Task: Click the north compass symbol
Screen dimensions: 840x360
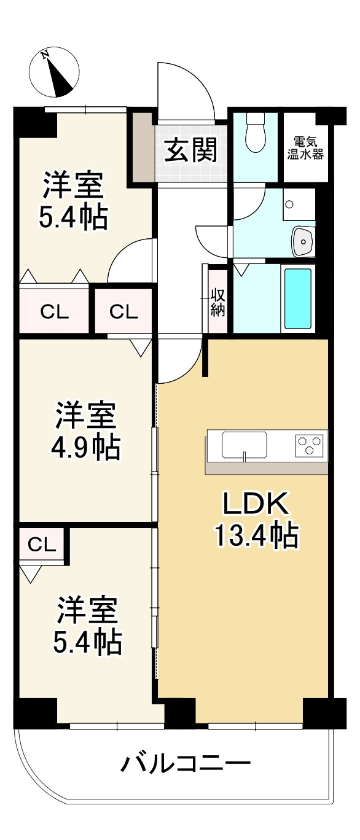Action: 55,72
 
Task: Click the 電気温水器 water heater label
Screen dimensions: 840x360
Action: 305,147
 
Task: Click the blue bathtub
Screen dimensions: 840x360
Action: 297,298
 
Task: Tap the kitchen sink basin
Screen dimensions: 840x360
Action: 244,443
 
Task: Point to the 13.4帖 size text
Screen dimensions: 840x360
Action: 256,537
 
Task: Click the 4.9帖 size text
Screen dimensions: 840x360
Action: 85,448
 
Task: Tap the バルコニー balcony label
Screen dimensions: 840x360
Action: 186,764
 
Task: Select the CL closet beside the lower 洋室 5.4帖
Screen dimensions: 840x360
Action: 42,543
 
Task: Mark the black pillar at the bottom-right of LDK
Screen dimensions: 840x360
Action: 316,712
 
